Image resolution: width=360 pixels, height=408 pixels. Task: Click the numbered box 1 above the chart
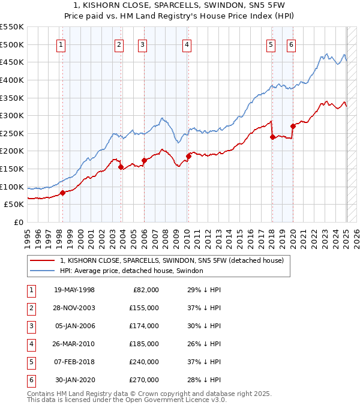coord(62,44)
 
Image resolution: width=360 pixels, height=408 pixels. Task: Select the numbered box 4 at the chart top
coord(187,44)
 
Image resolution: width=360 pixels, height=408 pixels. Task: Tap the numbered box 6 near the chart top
coord(291,44)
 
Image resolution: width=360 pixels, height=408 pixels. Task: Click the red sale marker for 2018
coord(272,137)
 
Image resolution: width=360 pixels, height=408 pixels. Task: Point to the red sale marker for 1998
coord(62,193)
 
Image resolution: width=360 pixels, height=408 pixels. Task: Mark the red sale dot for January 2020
coord(293,126)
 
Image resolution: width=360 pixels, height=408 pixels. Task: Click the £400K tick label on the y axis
coord(12,80)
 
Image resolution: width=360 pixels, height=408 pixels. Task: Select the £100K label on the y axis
coord(12,187)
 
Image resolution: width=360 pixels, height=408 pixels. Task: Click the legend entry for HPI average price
coord(131,271)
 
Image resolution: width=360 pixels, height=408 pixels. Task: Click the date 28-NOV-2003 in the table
coord(74,308)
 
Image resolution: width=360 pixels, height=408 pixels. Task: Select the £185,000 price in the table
coord(144,344)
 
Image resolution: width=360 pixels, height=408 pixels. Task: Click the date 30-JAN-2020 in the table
coord(75,380)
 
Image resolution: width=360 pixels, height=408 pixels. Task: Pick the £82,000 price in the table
coord(146,290)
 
